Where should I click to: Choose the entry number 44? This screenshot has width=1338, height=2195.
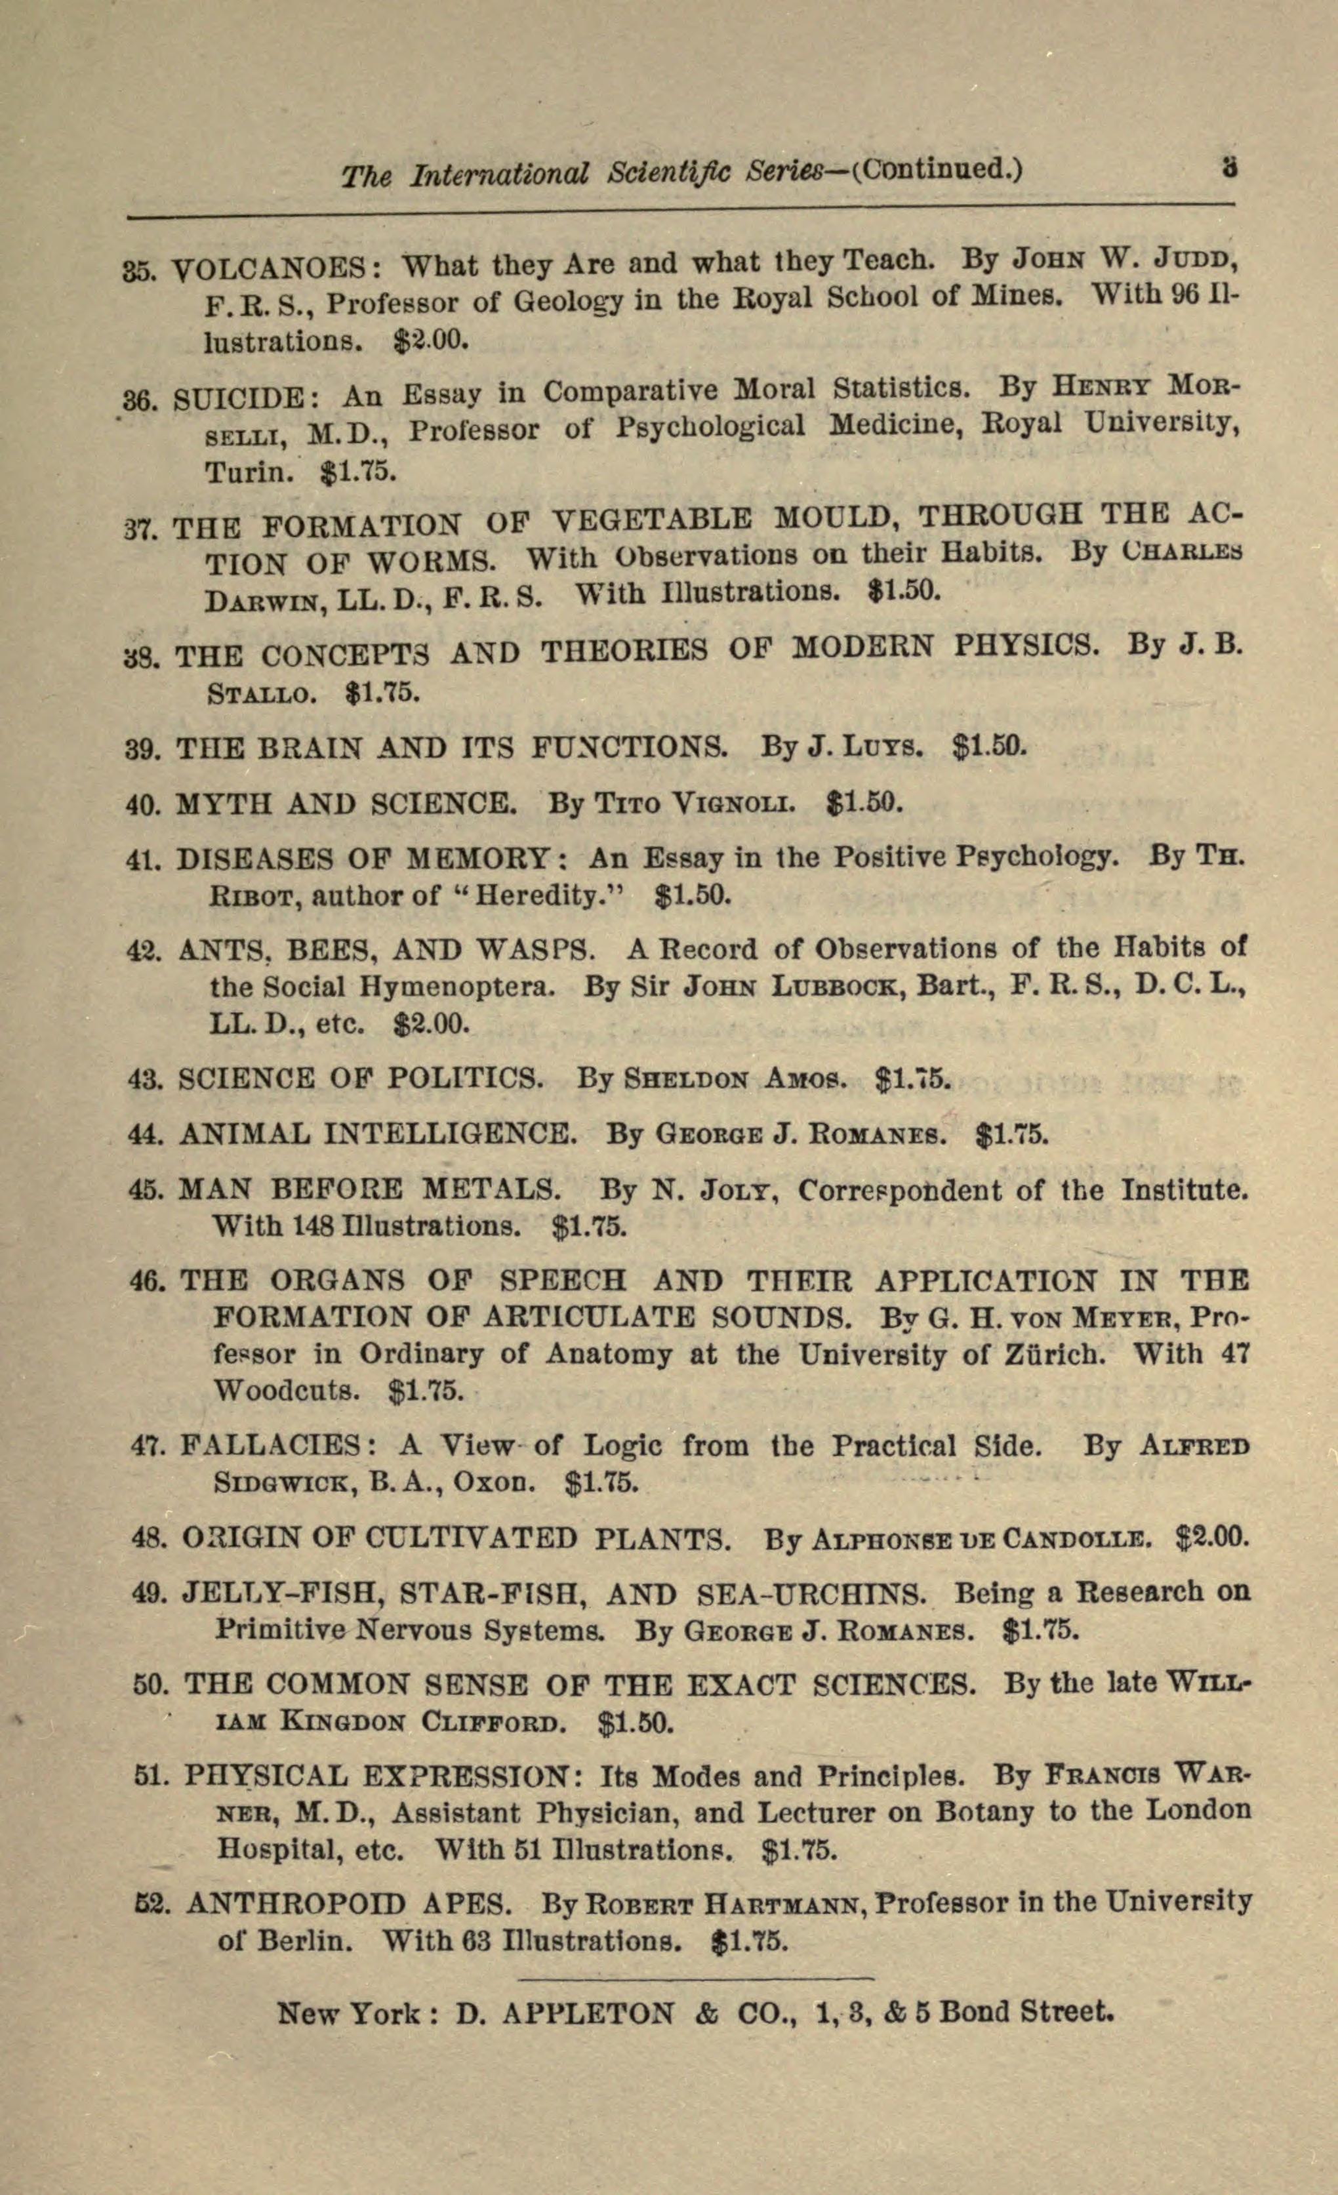pyautogui.click(x=144, y=1135)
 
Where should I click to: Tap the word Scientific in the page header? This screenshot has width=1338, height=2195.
pyautogui.click(x=657, y=171)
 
